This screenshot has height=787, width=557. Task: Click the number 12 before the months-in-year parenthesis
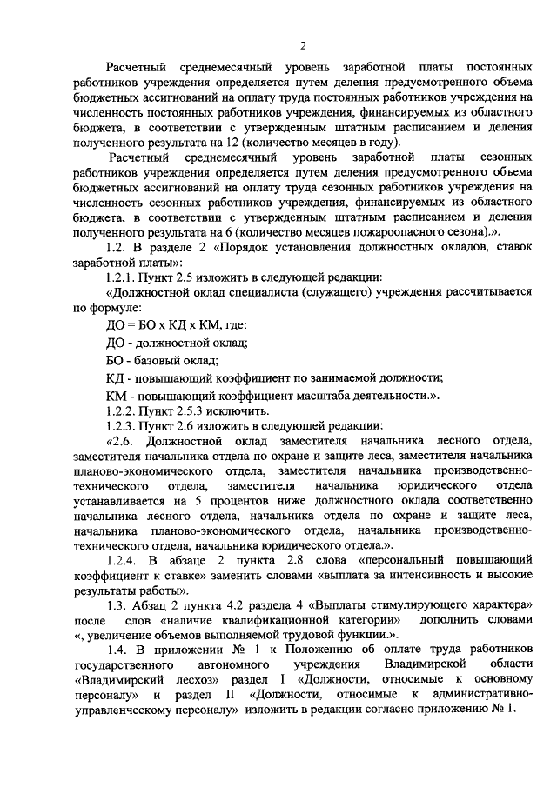click(234, 143)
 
